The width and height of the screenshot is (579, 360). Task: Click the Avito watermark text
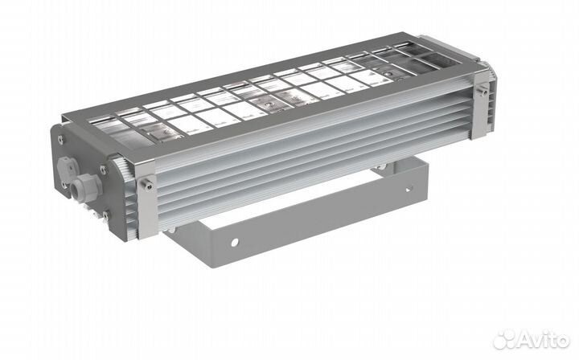[540, 340]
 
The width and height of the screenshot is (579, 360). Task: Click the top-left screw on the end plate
[60, 140]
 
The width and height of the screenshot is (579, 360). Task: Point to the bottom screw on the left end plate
[105, 215]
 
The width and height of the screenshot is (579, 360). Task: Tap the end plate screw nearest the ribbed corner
[103, 170]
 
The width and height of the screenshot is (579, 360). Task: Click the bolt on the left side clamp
[148, 185]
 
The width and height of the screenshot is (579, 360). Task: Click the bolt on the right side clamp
[482, 89]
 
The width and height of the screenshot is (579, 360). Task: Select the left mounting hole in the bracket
[235, 243]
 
